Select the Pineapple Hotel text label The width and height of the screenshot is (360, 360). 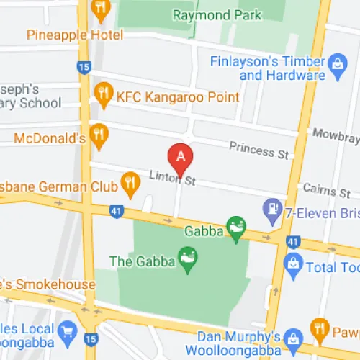point(75,35)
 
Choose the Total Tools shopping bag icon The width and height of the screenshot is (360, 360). point(293,266)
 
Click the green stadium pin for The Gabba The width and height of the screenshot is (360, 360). point(189,261)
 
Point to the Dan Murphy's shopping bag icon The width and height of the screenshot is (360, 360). point(292,337)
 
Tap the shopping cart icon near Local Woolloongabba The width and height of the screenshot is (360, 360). point(68,330)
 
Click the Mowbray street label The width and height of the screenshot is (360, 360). point(335,133)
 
